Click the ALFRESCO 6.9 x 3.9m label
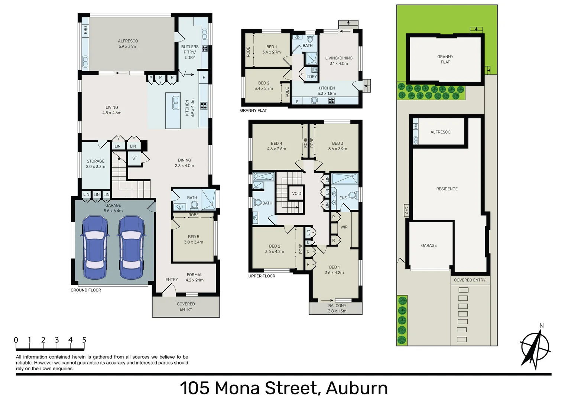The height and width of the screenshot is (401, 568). click(x=128, y=44)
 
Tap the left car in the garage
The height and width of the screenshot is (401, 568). click(x=95, y=247)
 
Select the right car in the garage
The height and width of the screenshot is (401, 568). click(x=131, y=247)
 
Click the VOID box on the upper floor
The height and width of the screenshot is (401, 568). click(x=296, y=193)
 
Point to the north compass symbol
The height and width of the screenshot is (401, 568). click(x=535, y=348)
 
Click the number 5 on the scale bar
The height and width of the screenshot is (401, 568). click(x=84, y=340)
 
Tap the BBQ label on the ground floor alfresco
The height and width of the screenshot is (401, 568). click(x=85, y=29)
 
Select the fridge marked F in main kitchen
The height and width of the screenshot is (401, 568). click(x=204, y=78)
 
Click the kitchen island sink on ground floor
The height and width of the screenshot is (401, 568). click(x=176, y=103)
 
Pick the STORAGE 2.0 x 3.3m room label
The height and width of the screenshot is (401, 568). click(x=95, y=164)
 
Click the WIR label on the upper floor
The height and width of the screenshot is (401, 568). click(x=344, y=227)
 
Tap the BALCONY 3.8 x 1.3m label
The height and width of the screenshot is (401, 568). click(x=337, y=308)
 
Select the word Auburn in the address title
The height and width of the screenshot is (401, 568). click(x=357, y=388)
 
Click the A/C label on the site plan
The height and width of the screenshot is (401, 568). click(x=406, y=211)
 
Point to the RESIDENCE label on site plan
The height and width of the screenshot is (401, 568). click(x=447, y=189)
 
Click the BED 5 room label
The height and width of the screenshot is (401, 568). click(x=194, y=239)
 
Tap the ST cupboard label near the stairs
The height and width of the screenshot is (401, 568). click(x=134, y=158)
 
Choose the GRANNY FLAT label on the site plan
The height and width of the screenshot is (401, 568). click(x=445, y=59)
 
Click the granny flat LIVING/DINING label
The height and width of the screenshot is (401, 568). click(x=339, y=61)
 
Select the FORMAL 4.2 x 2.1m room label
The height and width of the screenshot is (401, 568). click(x=195, y=277)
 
